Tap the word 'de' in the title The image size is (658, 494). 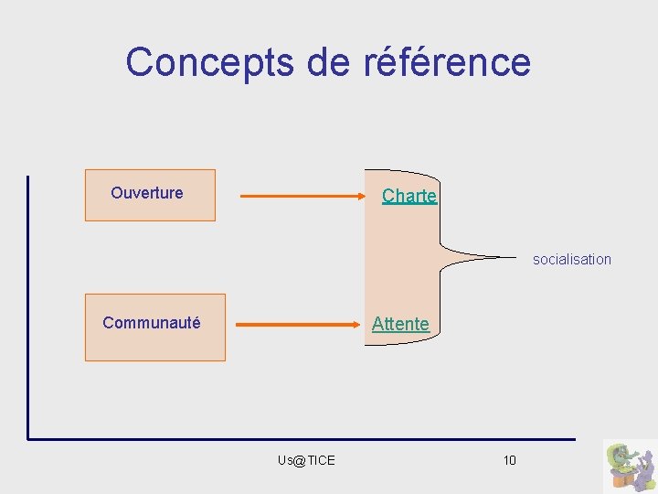(x=316, y=62)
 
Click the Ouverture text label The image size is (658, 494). (x=146, y=193)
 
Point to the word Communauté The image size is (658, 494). (x=152, y=323)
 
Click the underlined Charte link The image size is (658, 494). (x=409, y=196)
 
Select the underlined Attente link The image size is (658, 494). (x=399, y=324)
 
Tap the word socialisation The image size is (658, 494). (x=572, y=260)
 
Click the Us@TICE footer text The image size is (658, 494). (x=306, y=460)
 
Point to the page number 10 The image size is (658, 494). (x=509, y=460)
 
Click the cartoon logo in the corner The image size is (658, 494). (x=630, y=466)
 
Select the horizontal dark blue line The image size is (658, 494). (x=302, y=439)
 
